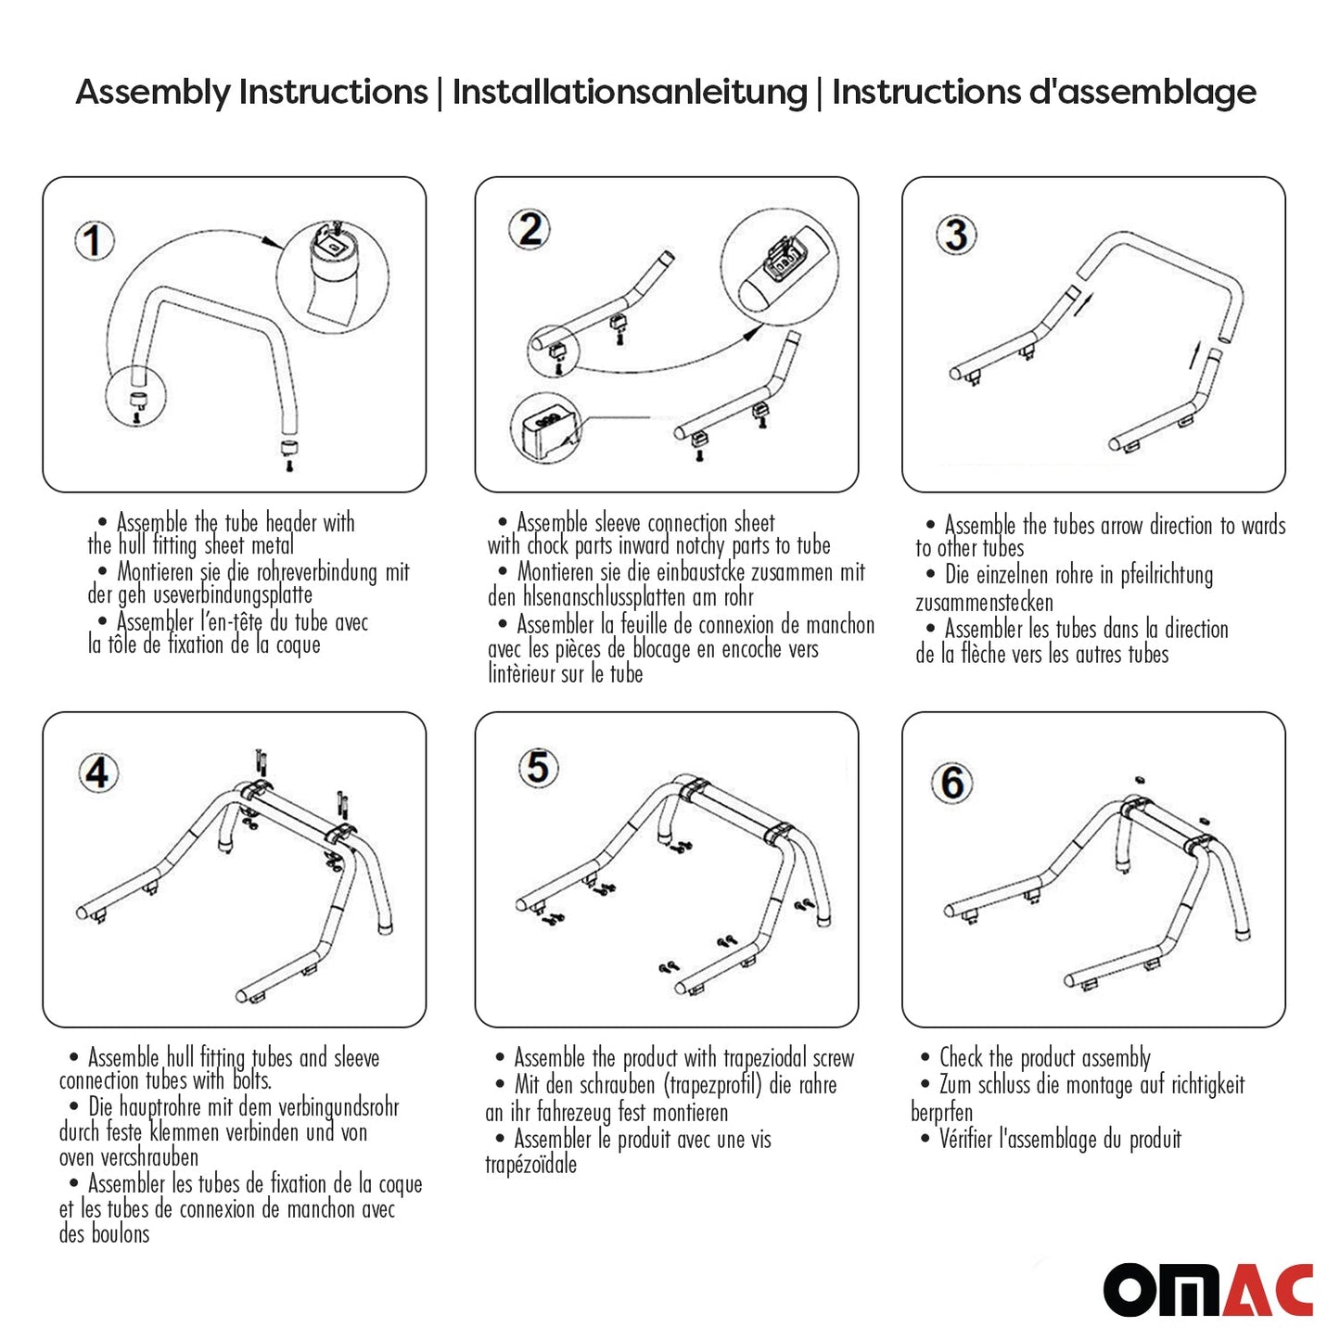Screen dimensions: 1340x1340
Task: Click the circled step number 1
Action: [x=94, y=241]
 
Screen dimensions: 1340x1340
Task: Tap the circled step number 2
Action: [x=530, y=229]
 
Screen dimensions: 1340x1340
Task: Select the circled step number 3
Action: [x=956, y=235]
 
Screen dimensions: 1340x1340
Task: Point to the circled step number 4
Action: [x=97, y=772]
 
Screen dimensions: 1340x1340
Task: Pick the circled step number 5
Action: [x=538, y=768]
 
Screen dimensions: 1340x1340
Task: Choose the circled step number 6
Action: [x=952, y=783]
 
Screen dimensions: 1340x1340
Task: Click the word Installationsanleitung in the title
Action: [x=630, y=93]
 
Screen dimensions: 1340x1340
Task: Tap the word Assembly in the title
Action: [x=153, y=93]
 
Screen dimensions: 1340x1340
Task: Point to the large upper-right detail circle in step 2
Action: [x=779, y=267]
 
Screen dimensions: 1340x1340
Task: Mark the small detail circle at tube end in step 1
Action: [x=135, y=397]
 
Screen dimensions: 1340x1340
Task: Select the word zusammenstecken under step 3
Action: [x=984, y=603]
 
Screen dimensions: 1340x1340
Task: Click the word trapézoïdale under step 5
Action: [x=530, y=1165]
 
